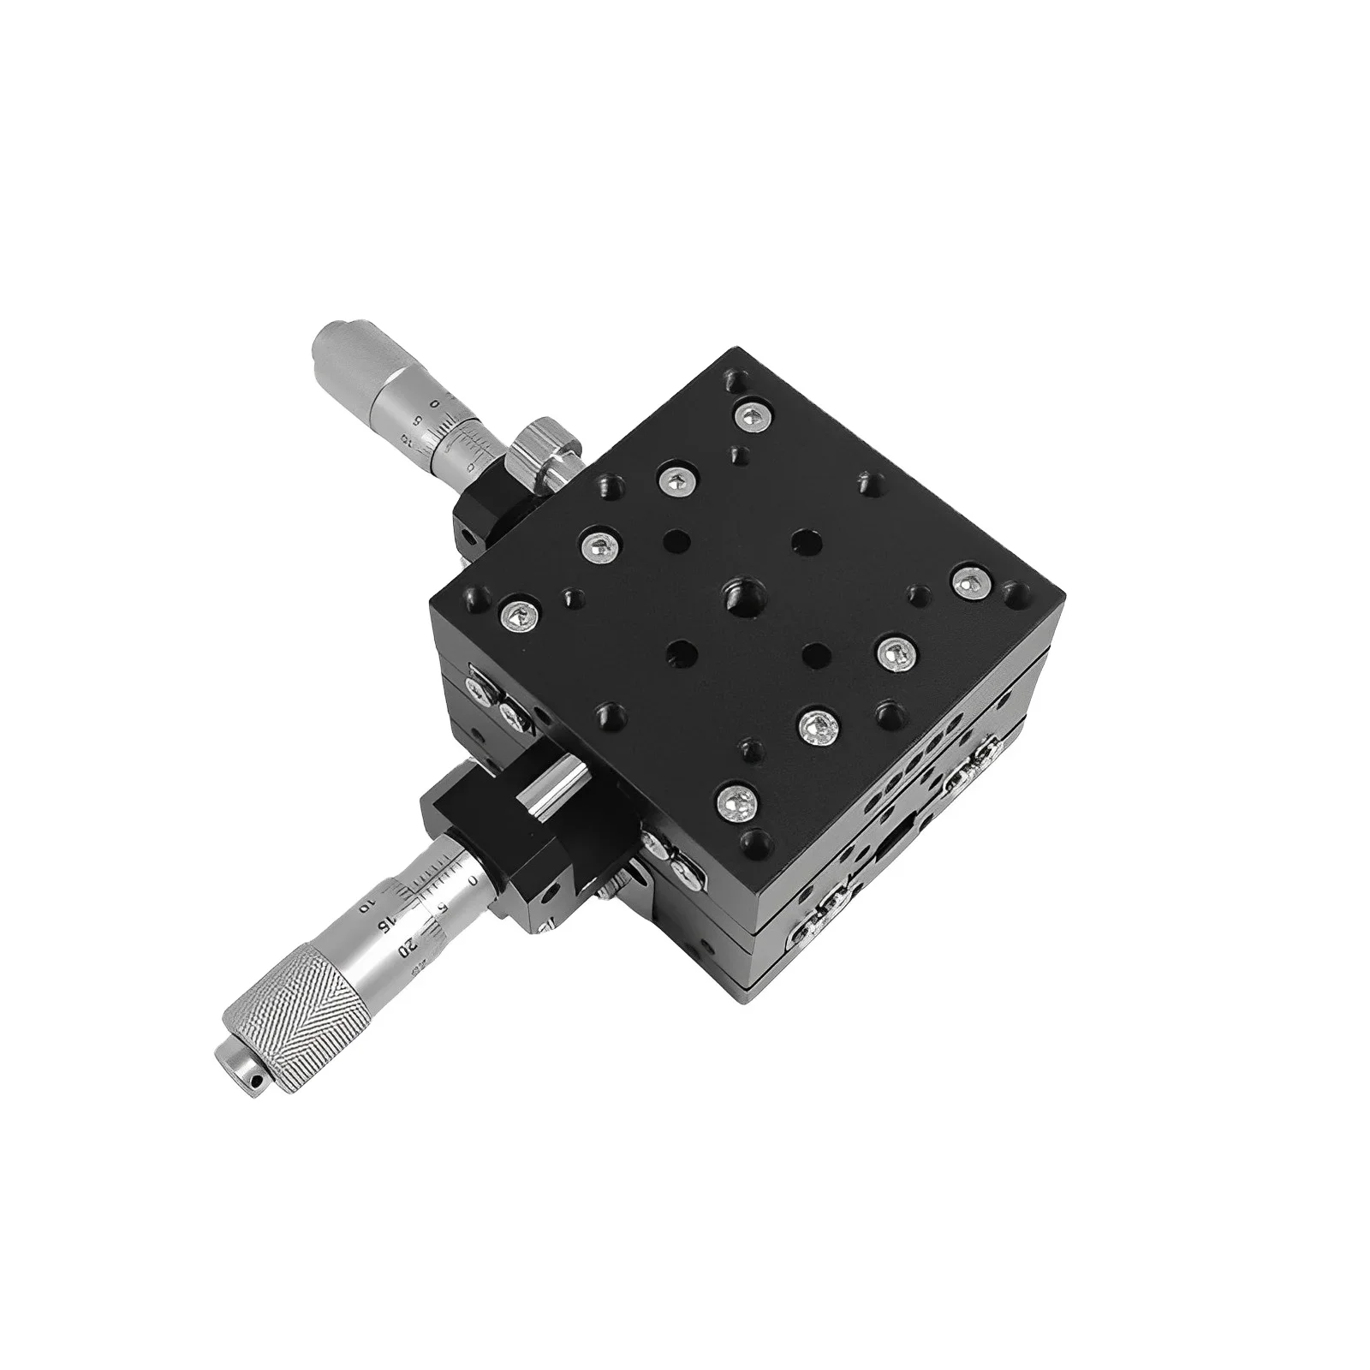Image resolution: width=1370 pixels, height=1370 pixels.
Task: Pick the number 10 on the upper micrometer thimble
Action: click(405, 445)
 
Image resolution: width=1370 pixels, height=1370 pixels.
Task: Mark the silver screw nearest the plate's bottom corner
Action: click(739, 803)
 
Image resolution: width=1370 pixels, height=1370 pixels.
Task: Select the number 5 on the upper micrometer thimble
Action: click(418, 420)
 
